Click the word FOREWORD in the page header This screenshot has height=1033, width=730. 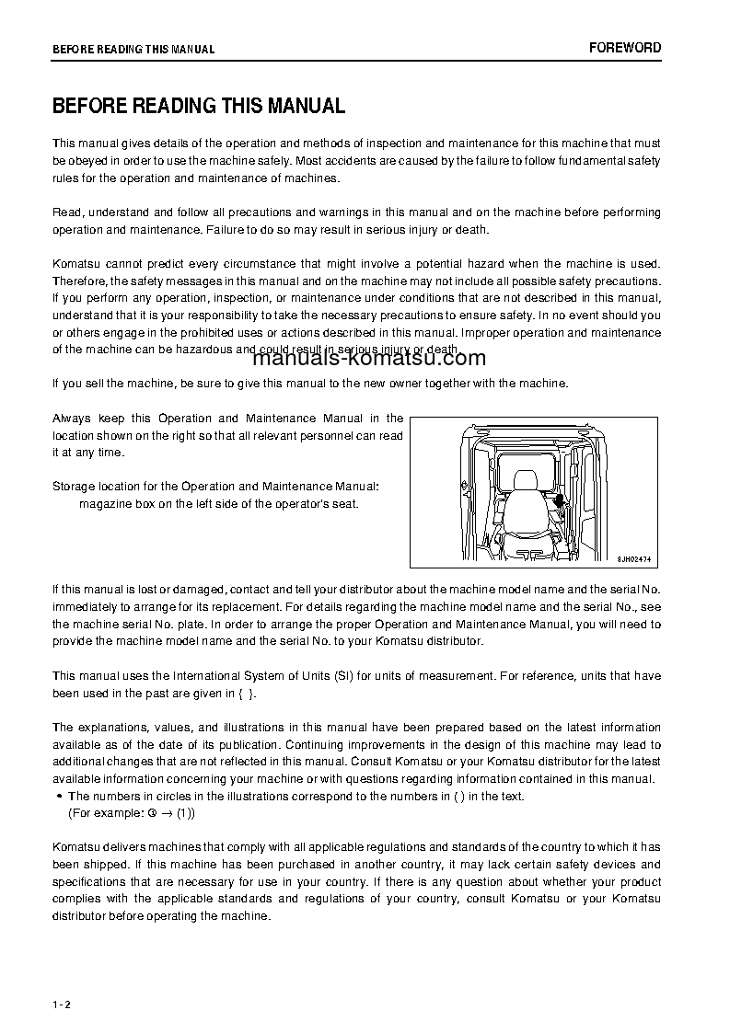pyautogui.click(x=625, y=48)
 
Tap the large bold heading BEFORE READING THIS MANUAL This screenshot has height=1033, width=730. pyautogui.click(x=199, y=106)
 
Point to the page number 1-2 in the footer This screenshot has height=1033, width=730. pyautogui.click(x=62, y=1004)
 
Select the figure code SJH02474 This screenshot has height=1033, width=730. pyautogui.click(x=633, y=557)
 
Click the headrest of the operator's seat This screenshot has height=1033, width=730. pyautogui.click(x=526, y=481)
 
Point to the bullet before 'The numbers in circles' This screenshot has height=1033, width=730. pyautogui.click(x=59, y=797)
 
